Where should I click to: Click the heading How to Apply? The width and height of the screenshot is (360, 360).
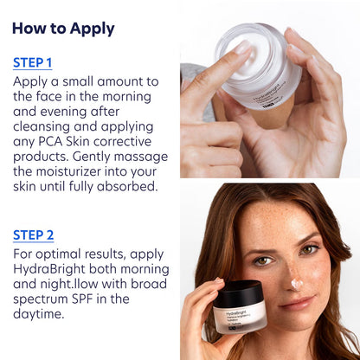63,28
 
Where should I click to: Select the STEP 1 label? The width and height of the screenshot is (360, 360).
33,62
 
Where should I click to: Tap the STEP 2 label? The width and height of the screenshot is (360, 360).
33,235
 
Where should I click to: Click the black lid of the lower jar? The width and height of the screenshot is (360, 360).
237,294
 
